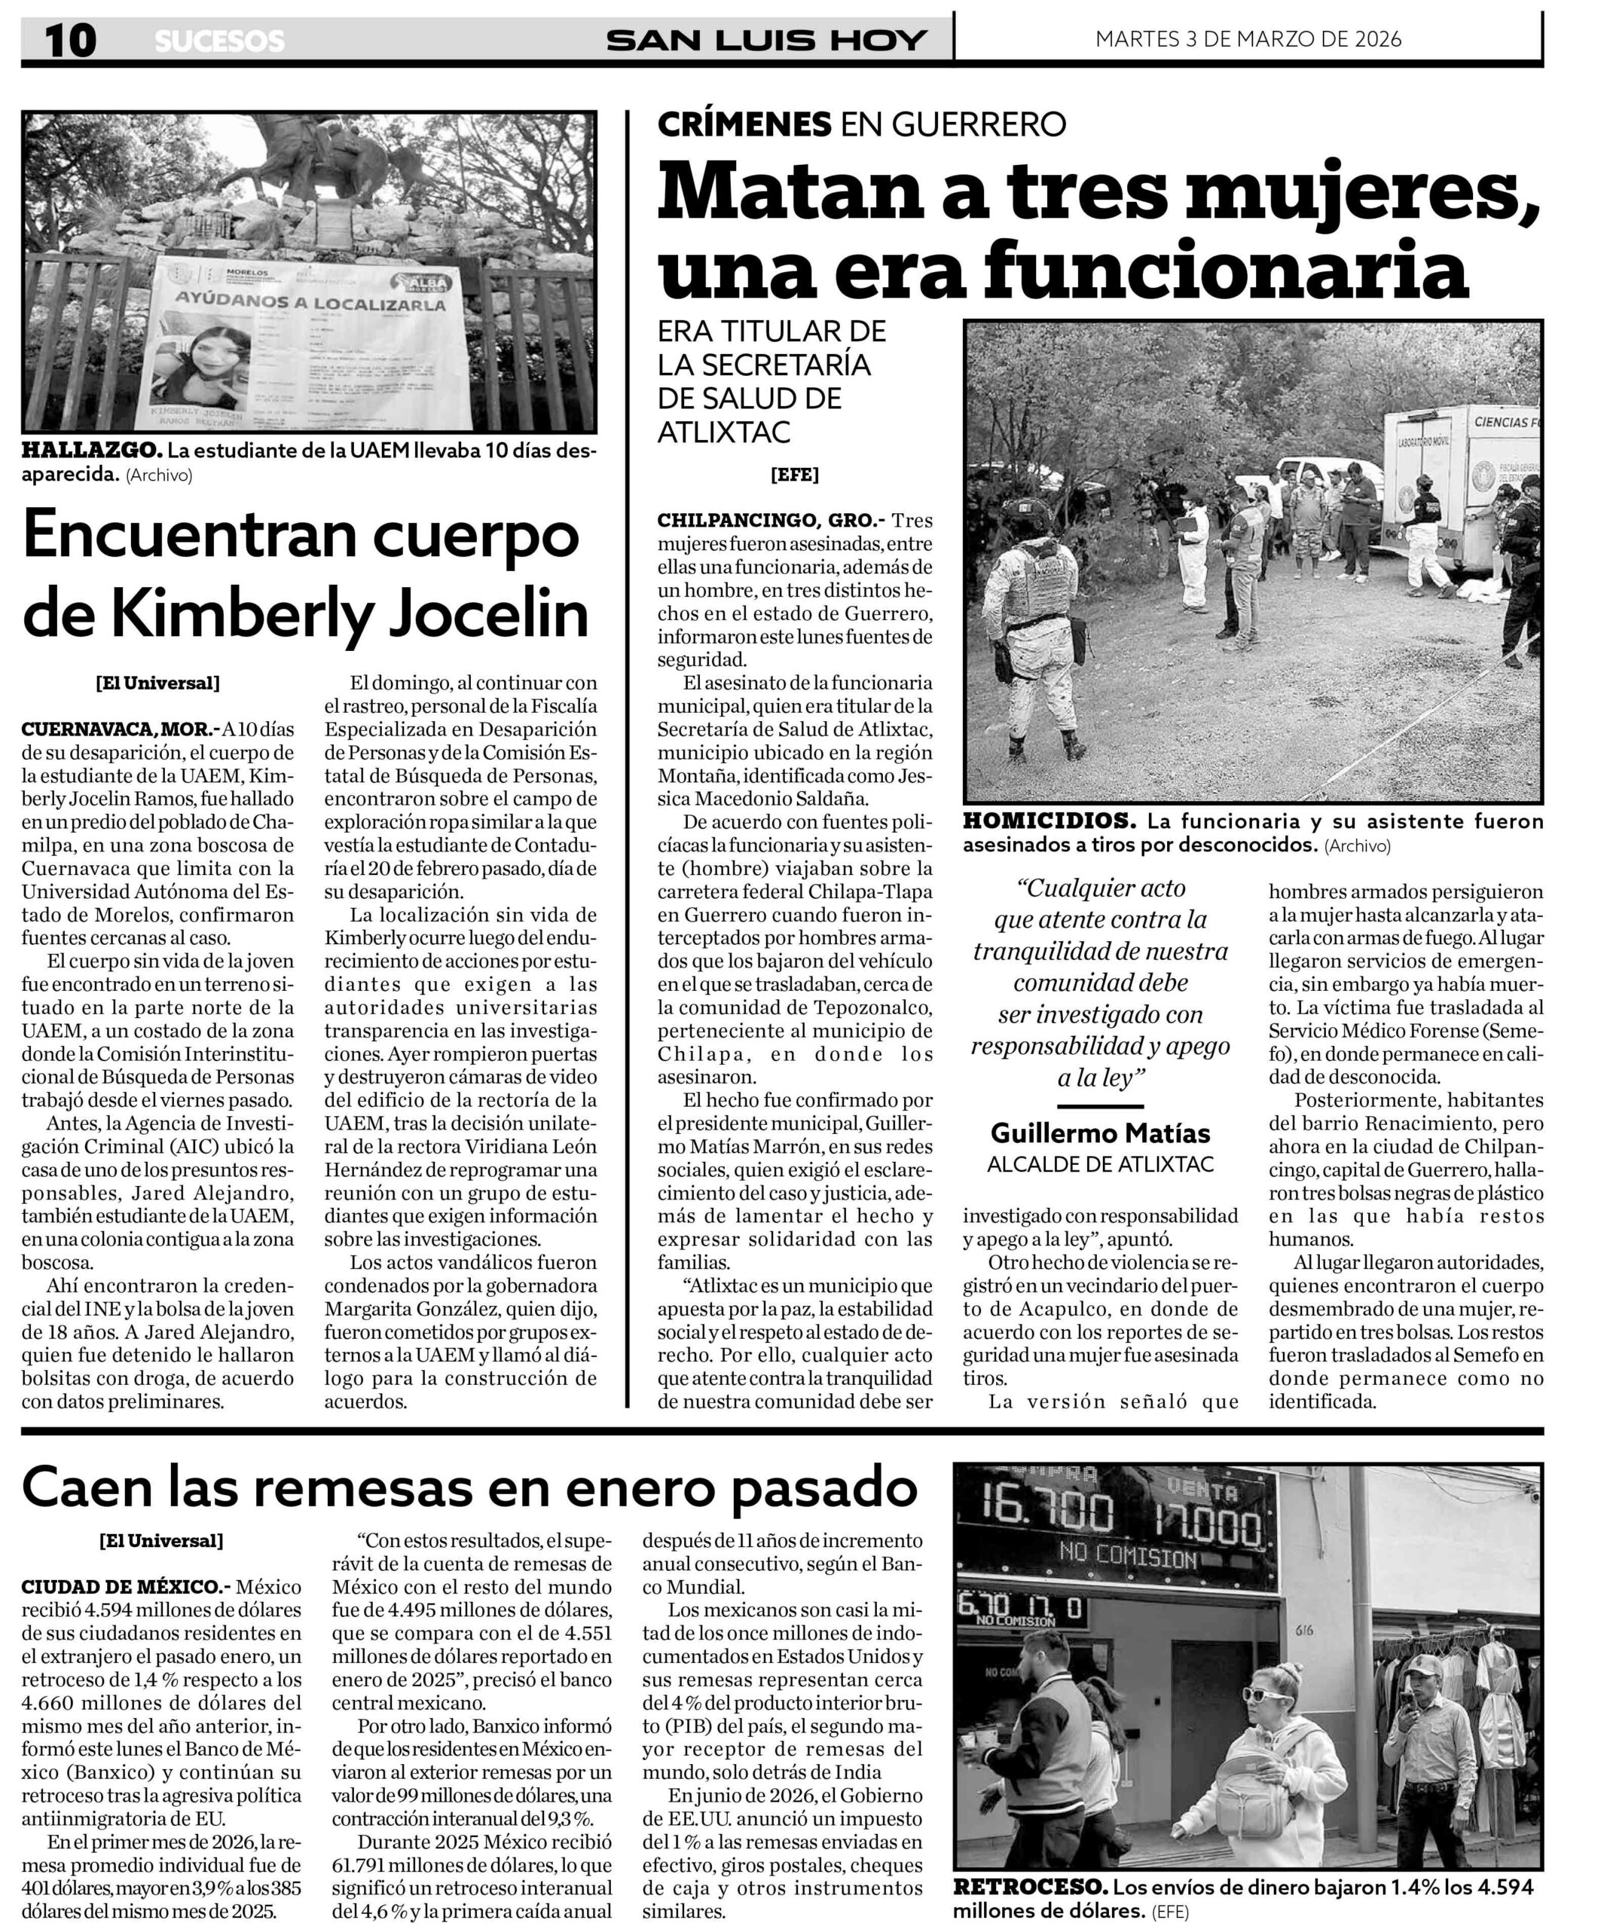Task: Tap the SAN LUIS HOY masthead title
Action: pyautogui.click(x=766, y=41)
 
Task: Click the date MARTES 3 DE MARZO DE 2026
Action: pyautogui.click(x=1248, y=38)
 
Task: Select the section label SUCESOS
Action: pyautogui.click(x=219, y=41)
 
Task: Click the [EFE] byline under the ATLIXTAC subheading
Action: pyautogui.click(x=794, y=475)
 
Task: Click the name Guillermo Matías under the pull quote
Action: pyautogui.click(x=1100, y=1133)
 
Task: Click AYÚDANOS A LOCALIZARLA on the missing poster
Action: pyautogui.click(x=310, y=303)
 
